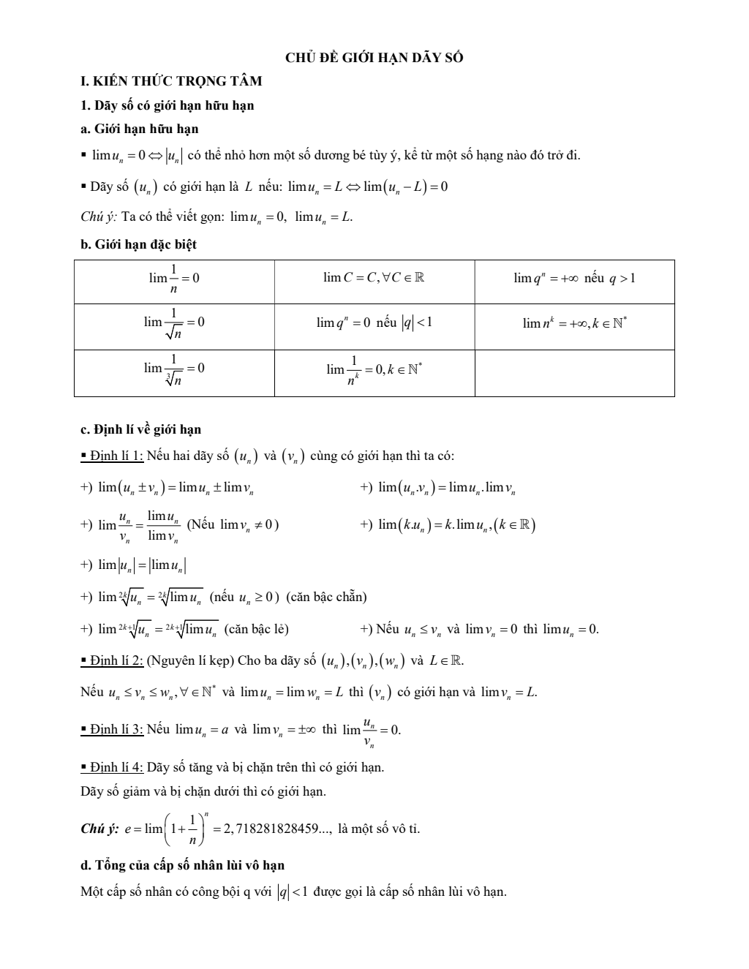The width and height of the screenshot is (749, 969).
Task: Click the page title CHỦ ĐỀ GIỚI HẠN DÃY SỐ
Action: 374,58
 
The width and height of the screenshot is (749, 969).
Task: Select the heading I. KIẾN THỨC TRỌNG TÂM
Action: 171,81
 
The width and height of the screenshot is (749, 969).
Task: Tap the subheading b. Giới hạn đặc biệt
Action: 138,244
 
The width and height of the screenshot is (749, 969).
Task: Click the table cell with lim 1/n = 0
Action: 174,282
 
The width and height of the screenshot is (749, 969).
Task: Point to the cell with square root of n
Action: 174,326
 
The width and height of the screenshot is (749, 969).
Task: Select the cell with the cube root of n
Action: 174,372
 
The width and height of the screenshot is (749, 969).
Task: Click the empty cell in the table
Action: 574,373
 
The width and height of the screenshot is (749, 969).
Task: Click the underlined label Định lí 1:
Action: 116,456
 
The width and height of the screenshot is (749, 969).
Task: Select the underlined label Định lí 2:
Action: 116,661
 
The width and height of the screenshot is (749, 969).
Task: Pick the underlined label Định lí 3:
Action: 116,729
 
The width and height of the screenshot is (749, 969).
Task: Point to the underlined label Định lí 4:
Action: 116,767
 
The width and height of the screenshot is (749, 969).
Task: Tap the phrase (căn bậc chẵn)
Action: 326,597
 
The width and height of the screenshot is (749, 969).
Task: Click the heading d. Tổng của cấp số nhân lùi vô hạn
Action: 182,865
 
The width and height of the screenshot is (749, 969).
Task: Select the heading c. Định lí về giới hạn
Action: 140,429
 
